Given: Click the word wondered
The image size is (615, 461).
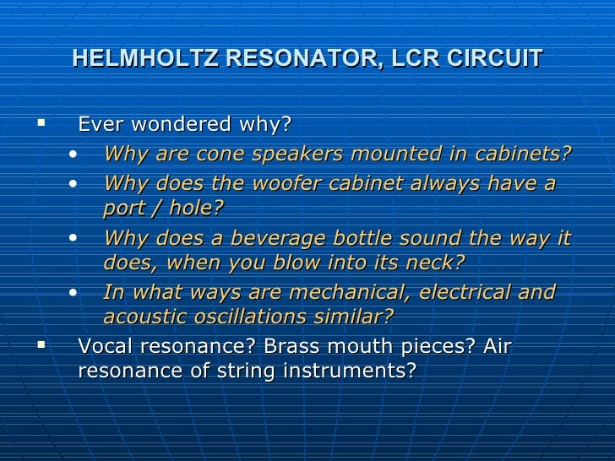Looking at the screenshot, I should [176, 125].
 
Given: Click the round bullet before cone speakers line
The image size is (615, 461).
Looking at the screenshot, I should [76, 155].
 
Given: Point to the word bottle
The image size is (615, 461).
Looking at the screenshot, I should [348, 237].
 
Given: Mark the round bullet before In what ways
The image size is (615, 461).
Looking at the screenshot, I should [76, 293].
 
